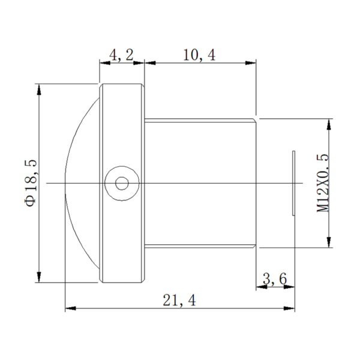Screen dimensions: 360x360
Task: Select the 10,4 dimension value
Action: (199, 55)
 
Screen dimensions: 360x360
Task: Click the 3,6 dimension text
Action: (275, 278)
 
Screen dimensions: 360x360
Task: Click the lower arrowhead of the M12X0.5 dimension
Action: (329, 242)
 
